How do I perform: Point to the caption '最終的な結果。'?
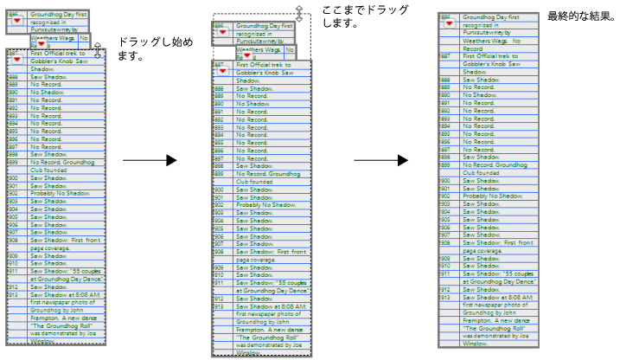(x=580, y=16)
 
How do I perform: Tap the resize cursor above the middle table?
(x=299, y=13)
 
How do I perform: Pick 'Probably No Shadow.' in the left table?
(x=61, y=194)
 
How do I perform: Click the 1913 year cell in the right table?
(x=445, y=297)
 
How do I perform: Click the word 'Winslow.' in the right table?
(x=476, y=344)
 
